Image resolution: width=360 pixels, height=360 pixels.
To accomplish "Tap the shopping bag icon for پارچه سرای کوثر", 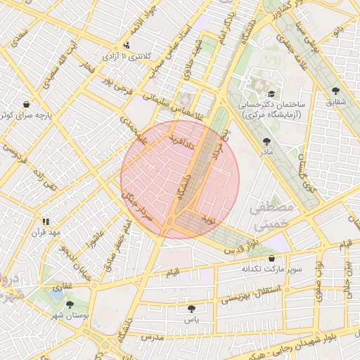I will click(x=27, y=103).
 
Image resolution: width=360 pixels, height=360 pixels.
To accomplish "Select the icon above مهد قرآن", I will click(x=46, y=221).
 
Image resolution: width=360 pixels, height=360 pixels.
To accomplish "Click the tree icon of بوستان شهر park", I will click(x=69, y=304).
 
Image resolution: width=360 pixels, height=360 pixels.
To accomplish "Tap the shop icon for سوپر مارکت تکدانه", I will click(x=271, y=258).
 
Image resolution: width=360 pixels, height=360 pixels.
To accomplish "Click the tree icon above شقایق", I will click(x=335, y=91).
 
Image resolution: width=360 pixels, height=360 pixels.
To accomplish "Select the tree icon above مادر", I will click(x=266, y=141).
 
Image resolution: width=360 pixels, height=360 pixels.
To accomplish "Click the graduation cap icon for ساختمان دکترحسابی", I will click(x=271, y=93).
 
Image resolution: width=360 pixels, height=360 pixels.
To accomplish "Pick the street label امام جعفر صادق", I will click(x=117, y=243).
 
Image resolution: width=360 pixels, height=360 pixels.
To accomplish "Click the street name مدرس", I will click(x=152, y=337).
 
